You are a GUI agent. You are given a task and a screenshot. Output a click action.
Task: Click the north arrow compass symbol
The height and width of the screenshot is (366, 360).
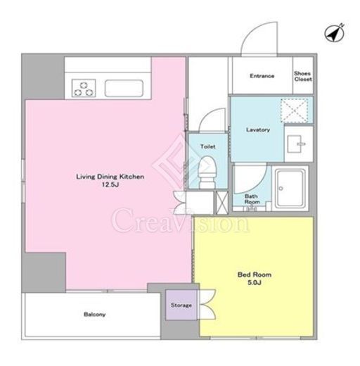pyautogui.click(x=334, y=33)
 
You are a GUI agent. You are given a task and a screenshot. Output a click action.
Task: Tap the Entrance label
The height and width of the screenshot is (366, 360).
pyautogui.click(x=262, y=76)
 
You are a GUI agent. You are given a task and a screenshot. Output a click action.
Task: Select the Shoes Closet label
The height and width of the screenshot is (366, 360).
pyautogui.click(x=303, y=77)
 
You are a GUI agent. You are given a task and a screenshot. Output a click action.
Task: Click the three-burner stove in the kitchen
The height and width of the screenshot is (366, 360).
pyautogui.click(x=84, y=88)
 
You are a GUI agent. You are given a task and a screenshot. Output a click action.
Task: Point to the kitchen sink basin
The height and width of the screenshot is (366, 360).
pyautogui.click(x=124, y=88)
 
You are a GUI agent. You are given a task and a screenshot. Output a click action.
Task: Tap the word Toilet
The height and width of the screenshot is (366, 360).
pyautogui.click(x=207, y=146)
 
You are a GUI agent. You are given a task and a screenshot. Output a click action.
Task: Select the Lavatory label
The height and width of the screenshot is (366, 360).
pyautogui.click(x=258, y=130)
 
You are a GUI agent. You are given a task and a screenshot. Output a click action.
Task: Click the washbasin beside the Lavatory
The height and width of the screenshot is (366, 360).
pyautogui.click(x=296, y=144)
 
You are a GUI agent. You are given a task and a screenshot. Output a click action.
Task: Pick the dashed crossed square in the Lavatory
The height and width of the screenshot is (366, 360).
pyautogui.click(x=295, y=111)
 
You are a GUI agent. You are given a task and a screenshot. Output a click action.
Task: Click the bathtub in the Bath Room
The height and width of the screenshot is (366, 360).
pyautogui.click(x=290, y=189)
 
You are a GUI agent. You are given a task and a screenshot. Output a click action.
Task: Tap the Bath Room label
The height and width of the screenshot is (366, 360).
pyautogui.click(x=252, y=199)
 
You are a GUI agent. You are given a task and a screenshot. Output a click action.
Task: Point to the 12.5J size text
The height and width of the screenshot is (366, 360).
pyautogui.click(x=110, y=184)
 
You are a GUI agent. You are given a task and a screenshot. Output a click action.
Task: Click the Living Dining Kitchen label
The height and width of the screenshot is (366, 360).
pyautogui.click(x=110, y=177)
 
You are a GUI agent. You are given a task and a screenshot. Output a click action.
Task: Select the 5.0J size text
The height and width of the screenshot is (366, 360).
pyautogui.click(x=255, y=282)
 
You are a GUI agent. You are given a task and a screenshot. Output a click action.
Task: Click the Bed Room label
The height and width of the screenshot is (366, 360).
pyautogui.click(x=255, y=274)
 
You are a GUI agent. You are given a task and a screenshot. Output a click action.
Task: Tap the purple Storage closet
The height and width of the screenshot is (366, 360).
pyautogui.click(x=181, y=305)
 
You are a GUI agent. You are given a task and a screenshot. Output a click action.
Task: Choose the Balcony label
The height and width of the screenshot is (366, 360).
pyautogui.click(x=95, y=314)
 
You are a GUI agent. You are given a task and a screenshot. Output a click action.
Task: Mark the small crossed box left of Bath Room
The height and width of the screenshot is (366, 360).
pyautogui.click(x=221, y=203)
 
